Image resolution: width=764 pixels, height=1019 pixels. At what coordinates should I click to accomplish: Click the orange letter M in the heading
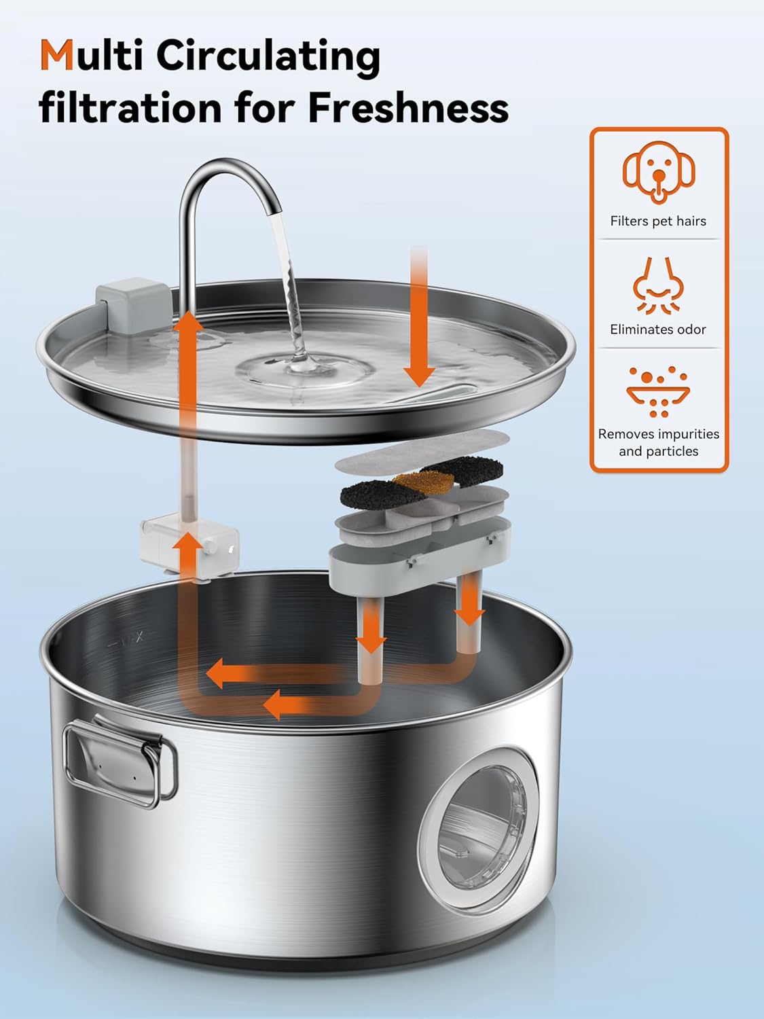pos(57,55)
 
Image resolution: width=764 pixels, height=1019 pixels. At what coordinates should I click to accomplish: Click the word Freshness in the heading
pos(407,107)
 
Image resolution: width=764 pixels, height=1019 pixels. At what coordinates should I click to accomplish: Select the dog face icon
pos(658,172)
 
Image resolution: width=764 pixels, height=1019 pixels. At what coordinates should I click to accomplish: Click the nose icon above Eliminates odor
pos(658,285)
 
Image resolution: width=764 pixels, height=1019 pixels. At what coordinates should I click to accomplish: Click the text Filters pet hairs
pos(658,221)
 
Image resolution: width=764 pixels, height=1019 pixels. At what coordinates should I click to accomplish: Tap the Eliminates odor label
pos(658,329)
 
